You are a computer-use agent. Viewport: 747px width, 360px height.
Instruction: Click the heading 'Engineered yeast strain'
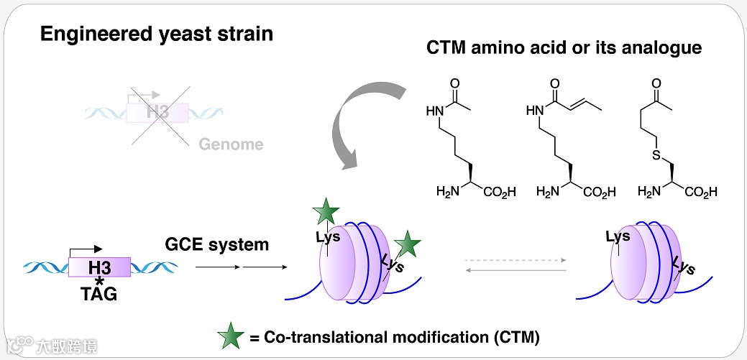coord(157,34)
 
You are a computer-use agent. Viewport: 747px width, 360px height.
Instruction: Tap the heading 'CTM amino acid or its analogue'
coord(564,48)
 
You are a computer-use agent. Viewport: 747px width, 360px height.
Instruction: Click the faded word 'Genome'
coord(232,144)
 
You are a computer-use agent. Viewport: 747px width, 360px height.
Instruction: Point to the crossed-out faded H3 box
coord(157,112)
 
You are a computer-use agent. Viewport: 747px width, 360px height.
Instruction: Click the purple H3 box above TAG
coord(99,268)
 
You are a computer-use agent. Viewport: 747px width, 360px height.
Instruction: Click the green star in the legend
coord(231,335)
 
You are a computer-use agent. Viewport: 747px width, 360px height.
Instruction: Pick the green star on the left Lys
coord(325,212)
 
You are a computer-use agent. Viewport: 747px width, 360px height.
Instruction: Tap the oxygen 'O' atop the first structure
coord(454,83)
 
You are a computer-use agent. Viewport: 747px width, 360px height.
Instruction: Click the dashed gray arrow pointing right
coord(515,259)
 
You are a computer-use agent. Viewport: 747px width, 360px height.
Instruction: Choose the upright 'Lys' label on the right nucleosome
coord(618,236)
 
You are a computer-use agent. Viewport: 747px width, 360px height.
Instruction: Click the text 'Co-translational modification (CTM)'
coord(402,336)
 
